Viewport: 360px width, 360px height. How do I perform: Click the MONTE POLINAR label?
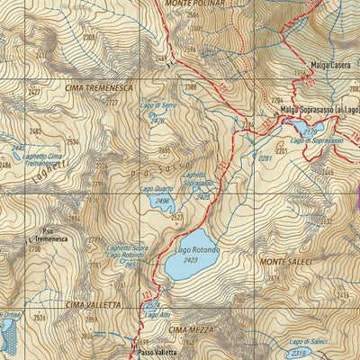click(x=193, y=4)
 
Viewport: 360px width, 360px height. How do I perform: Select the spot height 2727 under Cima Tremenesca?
click(x=111, y=103)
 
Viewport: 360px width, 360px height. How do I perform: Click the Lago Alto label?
click(x=157, y=314)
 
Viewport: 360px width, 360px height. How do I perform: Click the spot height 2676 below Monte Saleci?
click(x=274, y=278)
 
